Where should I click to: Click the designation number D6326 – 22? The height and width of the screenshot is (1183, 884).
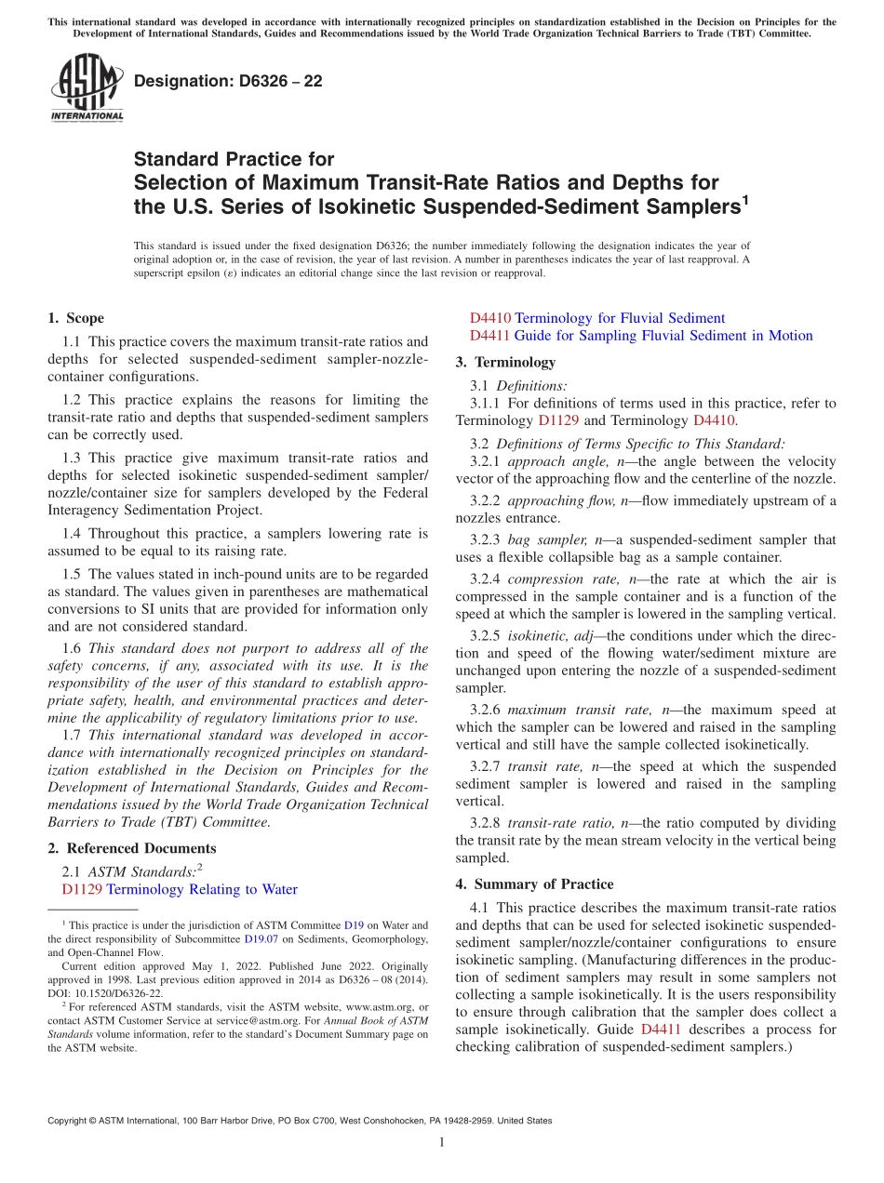228,81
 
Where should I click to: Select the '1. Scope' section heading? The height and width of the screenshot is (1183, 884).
76,318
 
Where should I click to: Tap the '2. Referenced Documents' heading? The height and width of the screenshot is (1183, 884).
132,848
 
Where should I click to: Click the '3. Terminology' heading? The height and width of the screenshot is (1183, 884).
505,362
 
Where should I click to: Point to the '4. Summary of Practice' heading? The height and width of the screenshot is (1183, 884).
535,884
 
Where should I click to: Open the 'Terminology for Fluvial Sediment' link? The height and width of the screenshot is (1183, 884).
620,318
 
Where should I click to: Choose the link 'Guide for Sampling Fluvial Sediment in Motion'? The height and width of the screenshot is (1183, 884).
663,336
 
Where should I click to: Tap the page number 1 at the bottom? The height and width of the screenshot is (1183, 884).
442,1142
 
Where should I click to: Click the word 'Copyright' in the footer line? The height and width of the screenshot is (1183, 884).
71,1121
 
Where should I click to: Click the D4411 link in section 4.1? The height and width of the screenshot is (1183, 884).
661,1030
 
